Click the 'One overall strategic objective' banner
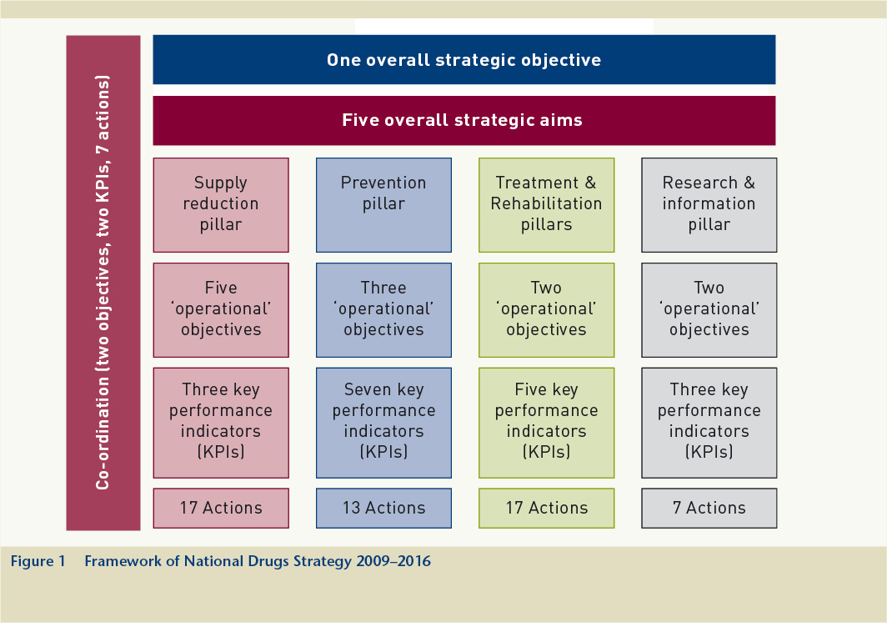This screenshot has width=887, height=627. pos(464,60)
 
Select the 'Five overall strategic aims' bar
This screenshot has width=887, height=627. pos(464,120)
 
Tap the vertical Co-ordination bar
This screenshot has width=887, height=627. pos(103,283)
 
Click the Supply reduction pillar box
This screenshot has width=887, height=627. pos(221,204)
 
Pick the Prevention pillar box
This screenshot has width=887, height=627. pos(383,204)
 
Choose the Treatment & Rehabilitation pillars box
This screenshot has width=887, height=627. pos(546,204)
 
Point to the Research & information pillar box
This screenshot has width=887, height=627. pos(709,204)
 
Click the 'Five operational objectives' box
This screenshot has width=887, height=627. pos(221,309)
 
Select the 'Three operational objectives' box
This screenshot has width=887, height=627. pos(383,309)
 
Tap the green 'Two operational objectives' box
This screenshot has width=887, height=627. pos(546,309)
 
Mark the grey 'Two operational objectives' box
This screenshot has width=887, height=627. pos(709,309)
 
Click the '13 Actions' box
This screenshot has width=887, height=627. pos(383,508)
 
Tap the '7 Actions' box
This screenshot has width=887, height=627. pos(709,508)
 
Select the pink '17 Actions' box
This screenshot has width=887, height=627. pos(221,508)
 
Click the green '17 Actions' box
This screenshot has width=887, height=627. pos(546,508)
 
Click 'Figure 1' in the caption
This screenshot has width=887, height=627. pos(38,561)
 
